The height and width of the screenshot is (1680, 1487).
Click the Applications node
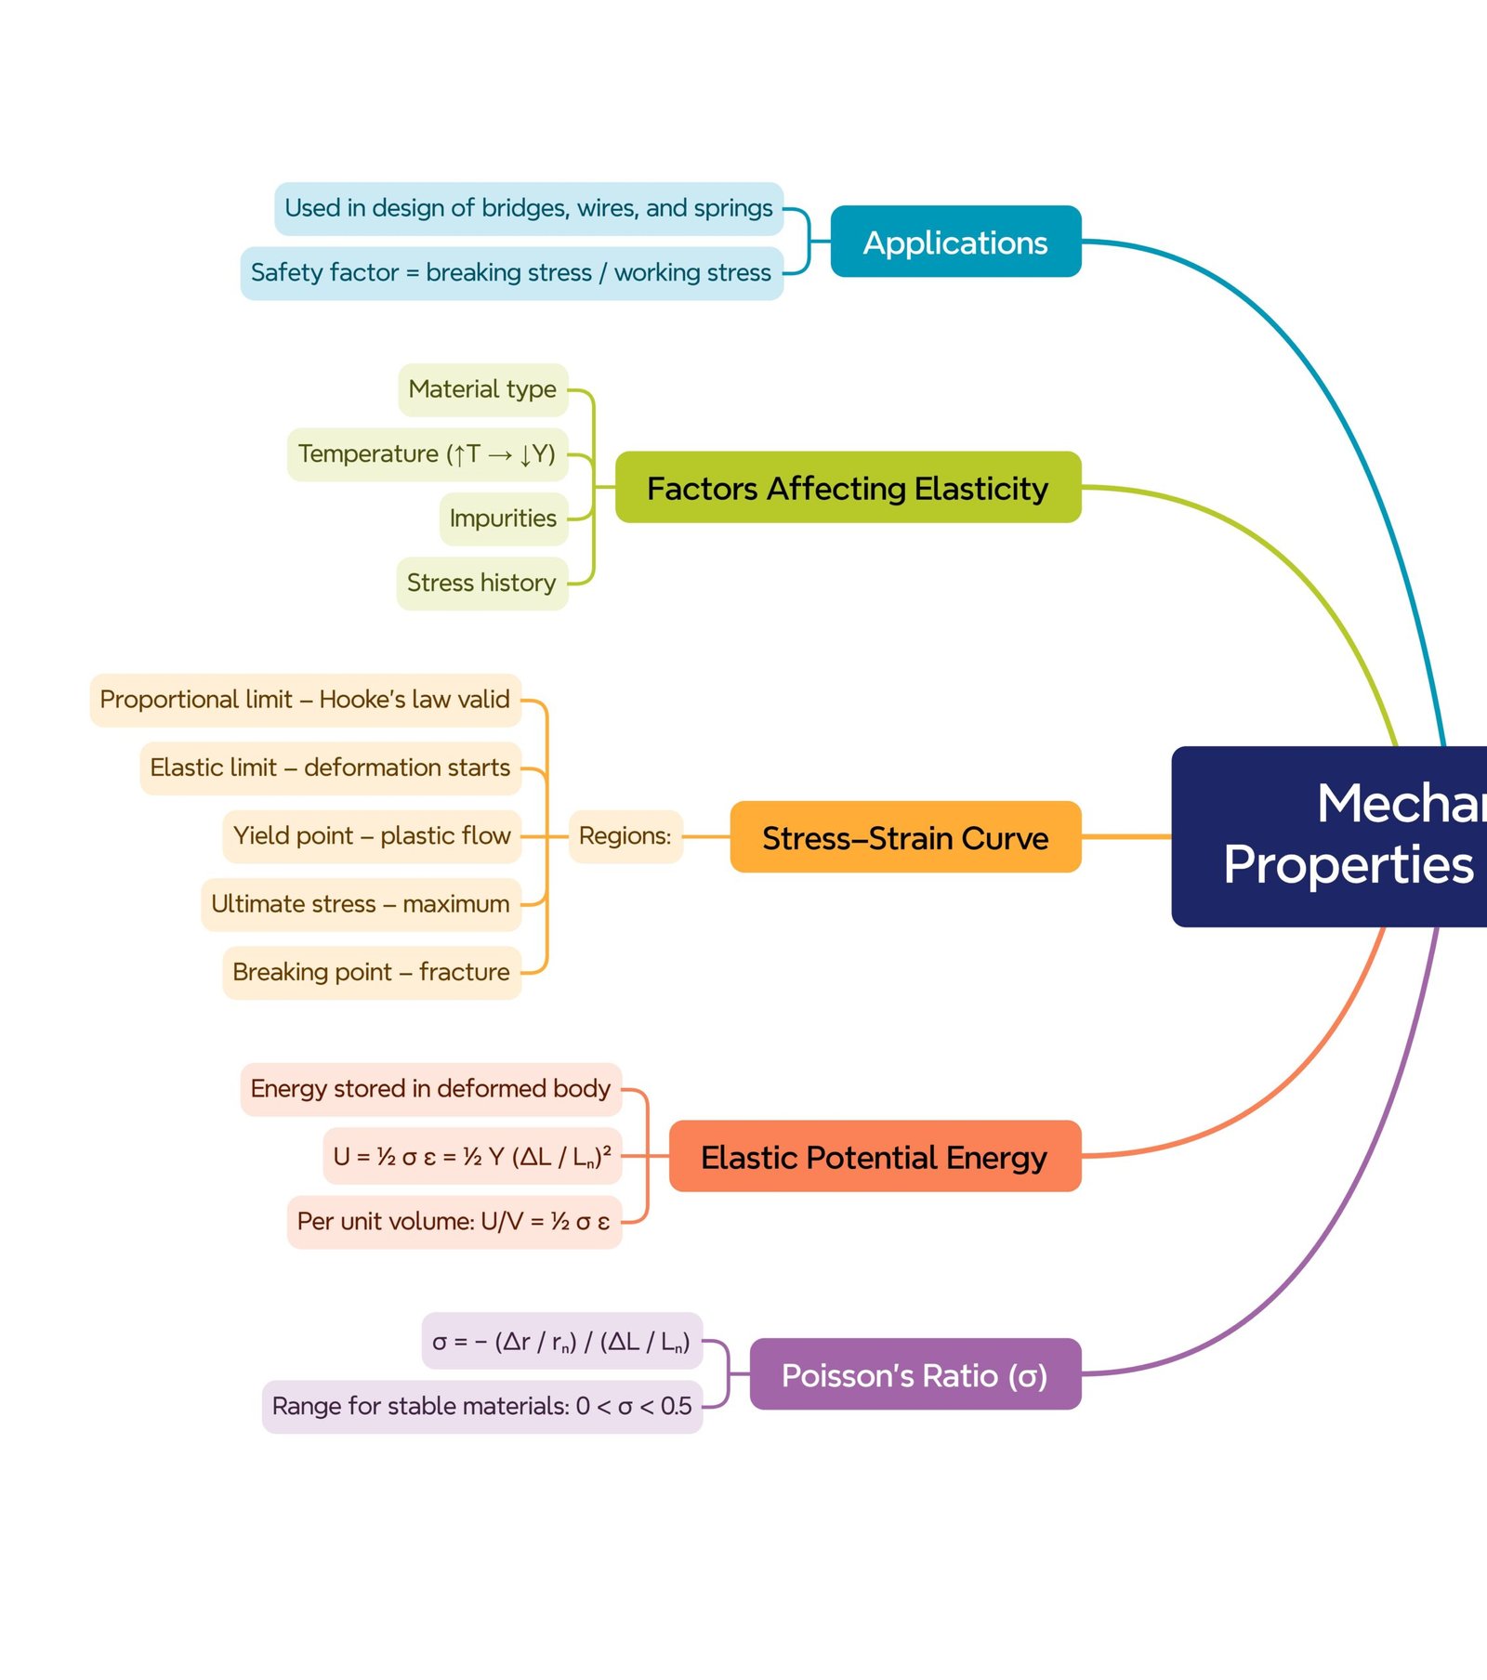coord(955,242)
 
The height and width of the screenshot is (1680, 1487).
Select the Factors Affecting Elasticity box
coord(848,488)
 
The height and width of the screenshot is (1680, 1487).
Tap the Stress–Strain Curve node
coord(905,837)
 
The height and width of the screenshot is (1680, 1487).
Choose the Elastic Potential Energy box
coord(874,1157)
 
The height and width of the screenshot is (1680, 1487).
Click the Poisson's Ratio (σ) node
coord(915,1374)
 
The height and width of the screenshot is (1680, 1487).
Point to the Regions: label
coord(625,836)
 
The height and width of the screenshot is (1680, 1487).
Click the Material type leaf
coord(482,389)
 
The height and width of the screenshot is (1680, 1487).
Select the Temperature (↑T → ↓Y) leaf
coord(427,454)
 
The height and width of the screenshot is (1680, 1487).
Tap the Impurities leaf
coord(503,518)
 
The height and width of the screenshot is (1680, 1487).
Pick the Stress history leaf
coord(481,583)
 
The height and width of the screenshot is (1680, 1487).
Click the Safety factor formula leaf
coord(511,273)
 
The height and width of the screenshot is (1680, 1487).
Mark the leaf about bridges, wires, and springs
coord(528,208)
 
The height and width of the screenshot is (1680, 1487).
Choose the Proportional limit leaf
coord(305,700)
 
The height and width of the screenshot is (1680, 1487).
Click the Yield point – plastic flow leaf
coord(372,836)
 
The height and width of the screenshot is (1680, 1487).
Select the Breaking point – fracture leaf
coord(371,973)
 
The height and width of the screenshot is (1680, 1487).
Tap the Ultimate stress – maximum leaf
coord(361,904)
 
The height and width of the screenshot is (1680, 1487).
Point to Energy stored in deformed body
coord(430,1089)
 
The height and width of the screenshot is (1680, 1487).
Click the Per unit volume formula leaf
coord(454,1222)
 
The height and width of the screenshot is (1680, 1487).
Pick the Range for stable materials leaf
coord(481,1407)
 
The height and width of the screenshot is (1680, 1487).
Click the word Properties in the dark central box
coord(1348,865)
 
